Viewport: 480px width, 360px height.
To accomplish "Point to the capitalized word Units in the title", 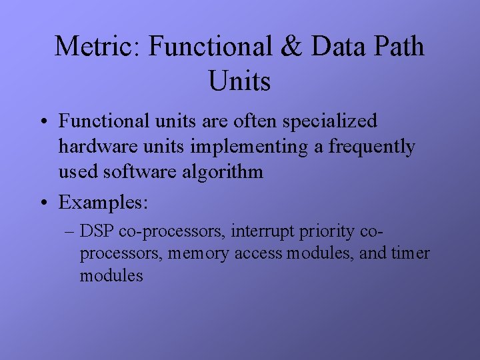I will (x=239, y=81).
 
